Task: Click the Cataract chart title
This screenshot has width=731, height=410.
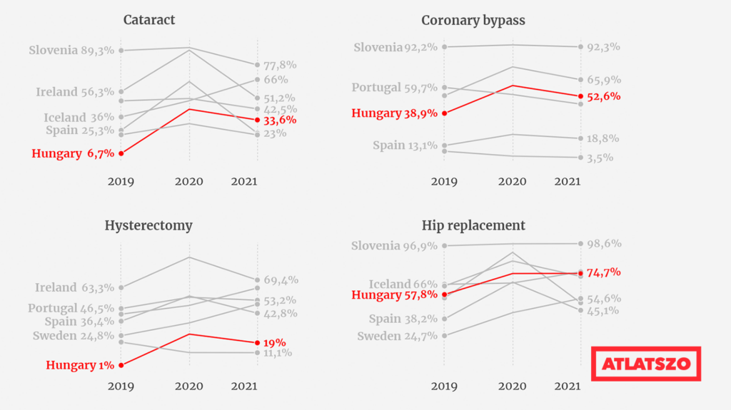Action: pos(149,19)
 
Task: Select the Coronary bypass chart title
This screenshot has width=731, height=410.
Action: pos(473,21)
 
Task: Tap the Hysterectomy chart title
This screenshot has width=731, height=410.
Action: pos(148,225)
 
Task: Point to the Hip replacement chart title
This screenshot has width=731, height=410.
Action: pos(473,225)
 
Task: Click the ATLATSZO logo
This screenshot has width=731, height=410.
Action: pos(645,364)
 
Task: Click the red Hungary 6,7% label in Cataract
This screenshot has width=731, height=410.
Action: pos(73,153)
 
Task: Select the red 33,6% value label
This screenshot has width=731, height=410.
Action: pos(280,121)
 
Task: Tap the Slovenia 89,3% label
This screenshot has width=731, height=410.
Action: pos(71,51)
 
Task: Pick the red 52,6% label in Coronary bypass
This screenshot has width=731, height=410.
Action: pos(604,96)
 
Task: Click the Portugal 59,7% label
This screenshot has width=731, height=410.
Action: pos(394,88)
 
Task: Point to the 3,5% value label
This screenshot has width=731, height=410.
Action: pos(600,158)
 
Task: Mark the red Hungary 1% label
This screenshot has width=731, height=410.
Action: pos(80,365)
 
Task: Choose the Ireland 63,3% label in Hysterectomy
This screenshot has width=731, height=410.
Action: pos(74,287)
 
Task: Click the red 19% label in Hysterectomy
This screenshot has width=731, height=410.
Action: pos(275,343)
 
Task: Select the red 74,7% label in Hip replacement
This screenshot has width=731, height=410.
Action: pos(604,272)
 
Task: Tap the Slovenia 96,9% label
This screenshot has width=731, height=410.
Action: pos(394,245)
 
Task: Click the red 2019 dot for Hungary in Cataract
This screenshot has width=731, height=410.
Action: pos(121,153)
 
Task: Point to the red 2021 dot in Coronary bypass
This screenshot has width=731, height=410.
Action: pos(580,96)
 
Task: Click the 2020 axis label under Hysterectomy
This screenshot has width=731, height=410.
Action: pos(188,386)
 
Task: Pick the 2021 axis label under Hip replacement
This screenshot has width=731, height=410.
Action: pos(568,386)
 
